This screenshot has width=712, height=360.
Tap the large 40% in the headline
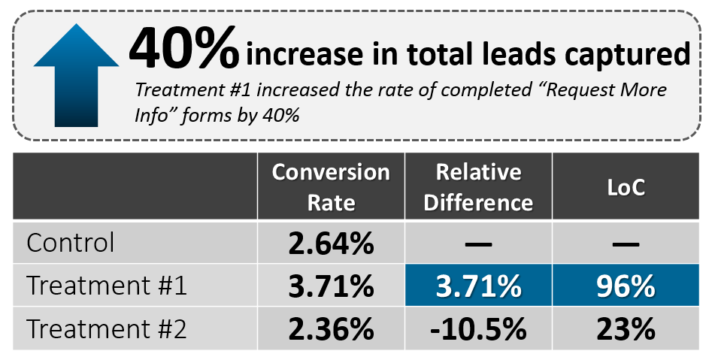point(183,49)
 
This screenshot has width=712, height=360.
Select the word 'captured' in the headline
point(631,54)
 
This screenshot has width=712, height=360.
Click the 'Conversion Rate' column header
point(331,187)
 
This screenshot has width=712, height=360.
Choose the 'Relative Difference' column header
point(478,187)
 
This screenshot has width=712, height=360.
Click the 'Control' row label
point(71,243)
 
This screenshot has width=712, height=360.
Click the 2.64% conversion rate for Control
point(331,244)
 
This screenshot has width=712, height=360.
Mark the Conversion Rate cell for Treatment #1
point(331,286)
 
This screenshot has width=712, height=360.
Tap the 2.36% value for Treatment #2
point(331,329)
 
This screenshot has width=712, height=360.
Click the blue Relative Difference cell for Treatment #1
point(478,286)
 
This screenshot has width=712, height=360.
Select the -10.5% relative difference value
point(478,329)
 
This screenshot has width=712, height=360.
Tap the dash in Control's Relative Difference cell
point(478,244)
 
